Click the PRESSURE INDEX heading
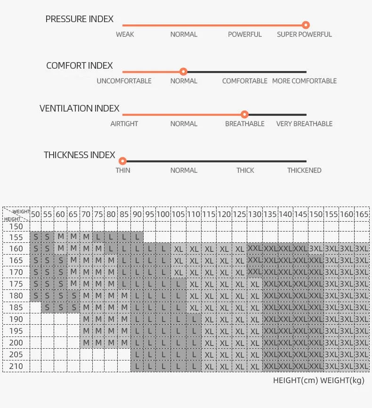[x=79, y=19]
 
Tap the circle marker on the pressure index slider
[x=306, y=25]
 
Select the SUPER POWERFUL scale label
[x=304, y=34]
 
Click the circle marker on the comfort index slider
[x=184, y=72]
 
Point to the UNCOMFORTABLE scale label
[x=124, y=81]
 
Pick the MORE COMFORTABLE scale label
[x=304, y=81]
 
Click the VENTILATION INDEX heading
[x=79, y=109]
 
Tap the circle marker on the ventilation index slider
[x=244, y=114]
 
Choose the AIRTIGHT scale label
[x=124, y=124]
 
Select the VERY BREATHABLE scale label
[x=304, y=124]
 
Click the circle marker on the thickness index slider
[x=123, y=161]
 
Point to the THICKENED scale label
[x=304, y=170]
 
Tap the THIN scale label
[x=123, y=170]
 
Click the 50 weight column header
[x=35, y=214]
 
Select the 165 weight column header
[x=361, y=214]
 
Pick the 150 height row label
[x=16, y=226]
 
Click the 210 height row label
[x=16, y=366]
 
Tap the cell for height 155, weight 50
[x=35, y=237]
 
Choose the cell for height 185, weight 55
[x=48, y=308]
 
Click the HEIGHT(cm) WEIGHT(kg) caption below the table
[x=319, y=381]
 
